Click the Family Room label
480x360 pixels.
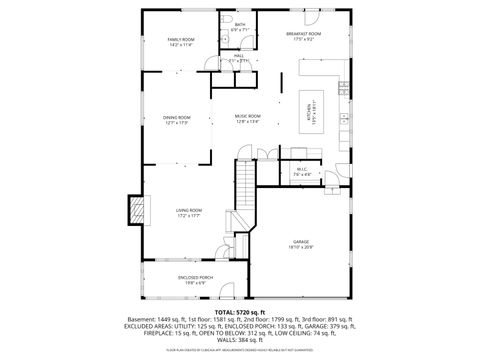point(181,39)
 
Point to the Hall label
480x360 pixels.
point(239,56)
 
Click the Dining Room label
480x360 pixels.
point(176,118)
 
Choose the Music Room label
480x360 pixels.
point(248,116)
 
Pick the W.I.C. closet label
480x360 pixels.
point(302,169)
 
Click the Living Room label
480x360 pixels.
point(189,210)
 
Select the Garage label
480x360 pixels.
point(301,242)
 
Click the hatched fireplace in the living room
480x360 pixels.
point(133,210)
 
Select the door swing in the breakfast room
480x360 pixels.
point(314,19)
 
